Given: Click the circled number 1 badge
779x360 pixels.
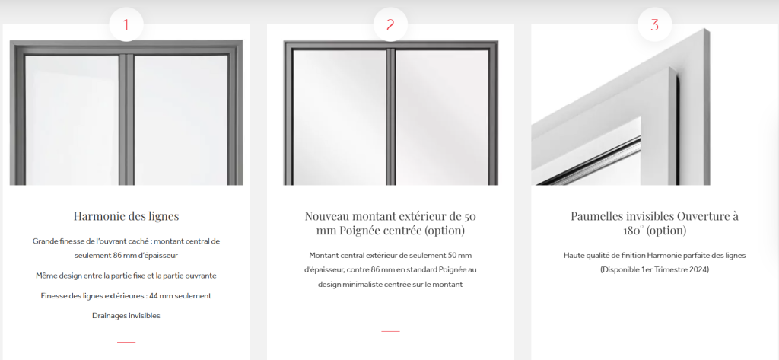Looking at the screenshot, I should pyautogui.click(x=126, y=24).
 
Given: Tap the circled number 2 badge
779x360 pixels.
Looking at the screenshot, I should pyautogui.click(x=390, y=24).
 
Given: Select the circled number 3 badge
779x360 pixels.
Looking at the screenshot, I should pyautogui.click(x=654, y=24).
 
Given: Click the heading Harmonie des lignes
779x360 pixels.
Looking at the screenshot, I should pyautogui.click(x=126, y=215).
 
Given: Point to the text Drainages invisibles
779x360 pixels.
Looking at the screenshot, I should pyautogui.click(x=126, y=315).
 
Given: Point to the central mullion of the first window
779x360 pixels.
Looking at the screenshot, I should pyautogui.click(x=131, y=118).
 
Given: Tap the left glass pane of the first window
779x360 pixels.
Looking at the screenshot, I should pyautogui.click(x=72, y=118).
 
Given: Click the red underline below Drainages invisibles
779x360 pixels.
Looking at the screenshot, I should pyautogui.click(x=126, y=342).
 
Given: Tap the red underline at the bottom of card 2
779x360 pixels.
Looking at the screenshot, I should pyautogui.click(x=390, y=331).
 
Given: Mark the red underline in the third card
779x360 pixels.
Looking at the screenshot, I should pyautogui.click(x=654, y=316).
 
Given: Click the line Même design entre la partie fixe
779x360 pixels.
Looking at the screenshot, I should pyautogui.click(x=126, y=276).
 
